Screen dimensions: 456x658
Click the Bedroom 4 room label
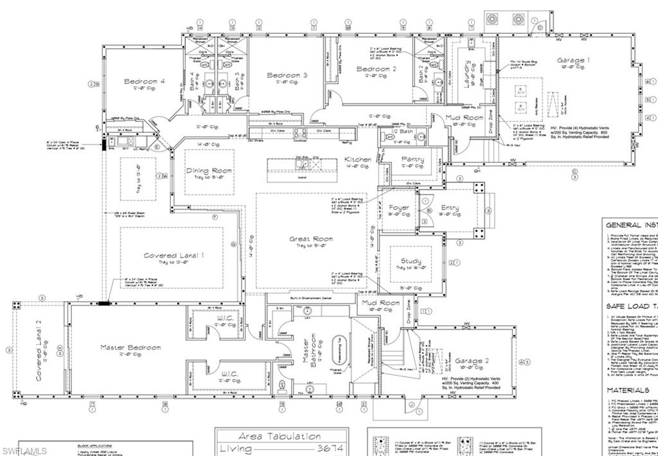[145, 82]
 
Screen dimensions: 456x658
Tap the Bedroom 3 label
[287, 75]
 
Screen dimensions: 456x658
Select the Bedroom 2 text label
[377, 69]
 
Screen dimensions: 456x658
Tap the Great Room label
[311, 238]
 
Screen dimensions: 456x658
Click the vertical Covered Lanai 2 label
[39, 351]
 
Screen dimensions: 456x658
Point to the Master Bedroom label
[130, 347]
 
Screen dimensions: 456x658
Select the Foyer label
[399, 207]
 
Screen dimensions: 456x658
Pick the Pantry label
[413, 159]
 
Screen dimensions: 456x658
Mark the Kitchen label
[357, 159]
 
